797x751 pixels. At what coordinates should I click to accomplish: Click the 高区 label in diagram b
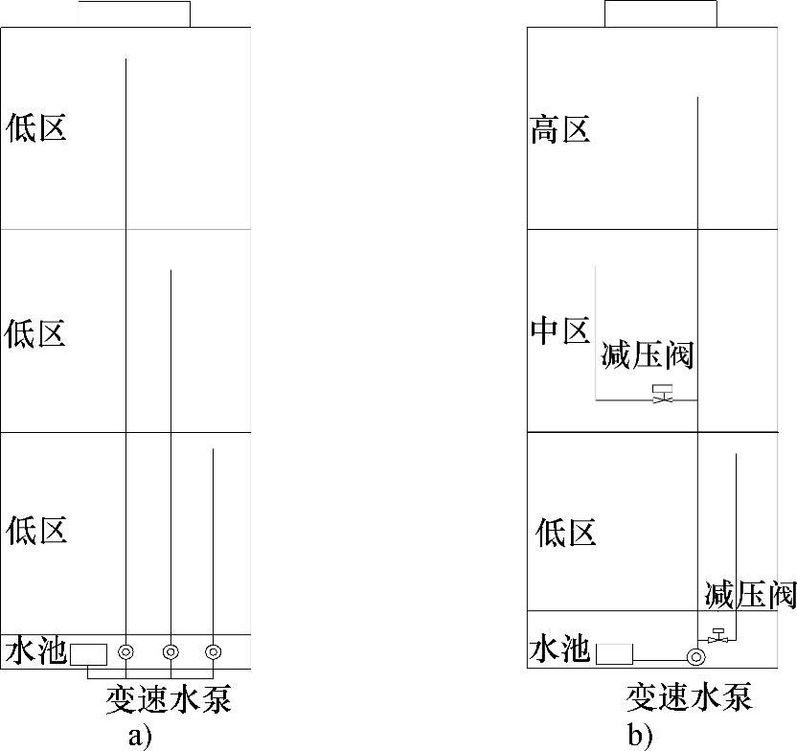tap(560, 129)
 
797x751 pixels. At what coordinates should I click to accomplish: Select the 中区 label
tap(560, 332)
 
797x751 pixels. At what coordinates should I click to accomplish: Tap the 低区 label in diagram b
tap(566, 533)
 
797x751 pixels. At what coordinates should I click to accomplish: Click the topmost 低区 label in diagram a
tap(36, 127)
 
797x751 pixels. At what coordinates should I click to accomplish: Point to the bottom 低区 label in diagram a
tap(36, 529)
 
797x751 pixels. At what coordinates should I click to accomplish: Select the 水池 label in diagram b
tap(559, 651)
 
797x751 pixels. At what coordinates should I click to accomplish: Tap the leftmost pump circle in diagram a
tap(125, 652)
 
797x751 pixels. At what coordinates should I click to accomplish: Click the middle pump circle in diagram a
tap(170, 652)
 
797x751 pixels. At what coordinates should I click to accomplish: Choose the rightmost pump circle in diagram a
tap(213, 652)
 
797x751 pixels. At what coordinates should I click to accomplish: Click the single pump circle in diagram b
tap(696, 657)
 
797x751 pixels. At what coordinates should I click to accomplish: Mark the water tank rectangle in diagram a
tap(88, 653)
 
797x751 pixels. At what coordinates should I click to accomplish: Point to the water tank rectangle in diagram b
tap(614, 654)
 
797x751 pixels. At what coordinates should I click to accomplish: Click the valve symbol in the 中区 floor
tap(661, 394)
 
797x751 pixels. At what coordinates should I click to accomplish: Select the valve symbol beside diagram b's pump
tap(717, 633)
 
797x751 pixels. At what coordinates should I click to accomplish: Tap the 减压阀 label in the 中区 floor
tap(647, 356)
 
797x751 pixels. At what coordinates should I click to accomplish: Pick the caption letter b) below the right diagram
tap(640, 736)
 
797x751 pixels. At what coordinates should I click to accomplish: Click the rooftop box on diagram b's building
tap(660, 13)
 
